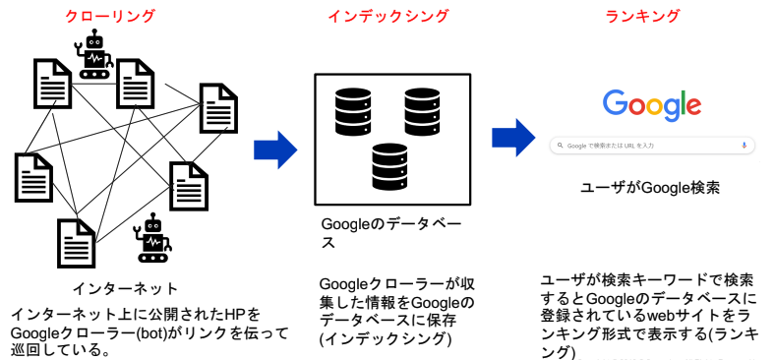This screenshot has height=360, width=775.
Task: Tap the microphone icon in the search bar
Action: [745, 145]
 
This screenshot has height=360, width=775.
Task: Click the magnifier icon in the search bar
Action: [559, 146]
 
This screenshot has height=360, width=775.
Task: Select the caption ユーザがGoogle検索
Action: [650, 188]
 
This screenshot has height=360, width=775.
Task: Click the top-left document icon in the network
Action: [54, 84]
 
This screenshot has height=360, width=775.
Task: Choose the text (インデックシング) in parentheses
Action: [386, 339]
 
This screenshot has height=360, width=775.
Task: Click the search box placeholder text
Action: [611, 146]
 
